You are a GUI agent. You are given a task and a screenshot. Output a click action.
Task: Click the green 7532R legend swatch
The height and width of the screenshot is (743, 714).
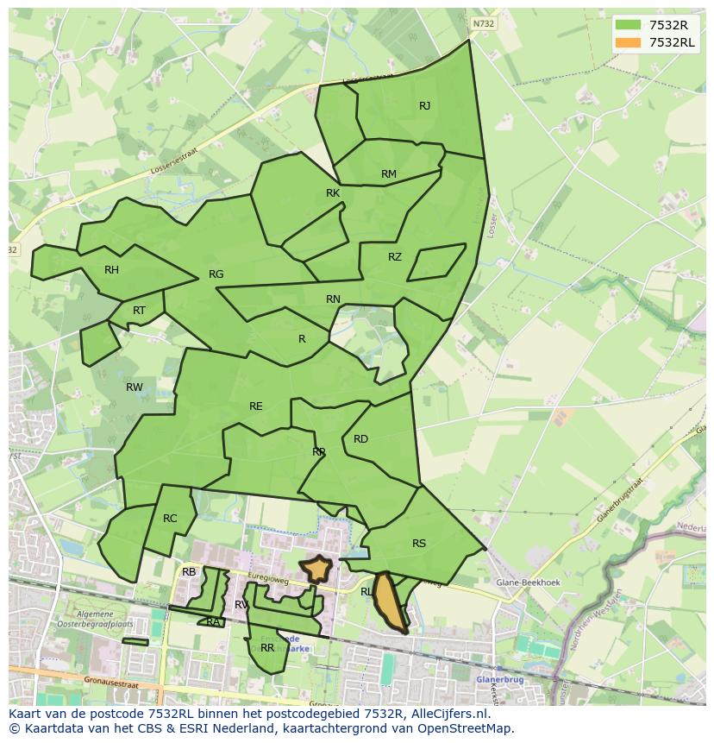(x=627, y=25)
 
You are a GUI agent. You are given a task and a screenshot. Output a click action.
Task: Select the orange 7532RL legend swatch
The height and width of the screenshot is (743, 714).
(x=627, y=42)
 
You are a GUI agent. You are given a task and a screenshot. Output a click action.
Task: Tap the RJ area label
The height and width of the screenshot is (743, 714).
(x=424, y=106)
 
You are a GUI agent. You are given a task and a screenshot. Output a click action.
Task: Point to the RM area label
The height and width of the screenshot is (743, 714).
(x=389, y=174)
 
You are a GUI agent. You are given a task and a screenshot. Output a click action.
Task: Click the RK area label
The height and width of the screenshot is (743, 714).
(x=333, y=193)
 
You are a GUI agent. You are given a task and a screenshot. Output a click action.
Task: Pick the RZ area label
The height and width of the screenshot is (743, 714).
(x=395, y=257)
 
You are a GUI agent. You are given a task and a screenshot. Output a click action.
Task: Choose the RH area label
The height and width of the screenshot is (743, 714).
(x=111, y=270)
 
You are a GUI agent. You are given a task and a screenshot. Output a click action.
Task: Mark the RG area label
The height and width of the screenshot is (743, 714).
(x=216, y=274)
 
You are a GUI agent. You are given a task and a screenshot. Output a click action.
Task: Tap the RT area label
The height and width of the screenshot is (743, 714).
(x=139, y=311)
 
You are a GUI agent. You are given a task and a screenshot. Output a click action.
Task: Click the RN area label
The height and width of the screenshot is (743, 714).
(x=333, y=299)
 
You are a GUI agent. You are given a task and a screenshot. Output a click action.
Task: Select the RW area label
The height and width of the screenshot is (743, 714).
(x=135, y=387)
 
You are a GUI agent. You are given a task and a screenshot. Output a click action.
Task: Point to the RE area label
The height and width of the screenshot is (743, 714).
(x=255, y=406)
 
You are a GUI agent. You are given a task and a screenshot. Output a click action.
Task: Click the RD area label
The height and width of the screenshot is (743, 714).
(x=360, y=439)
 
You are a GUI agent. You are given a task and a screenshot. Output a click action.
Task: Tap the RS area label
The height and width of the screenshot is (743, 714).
(x=419, y=544)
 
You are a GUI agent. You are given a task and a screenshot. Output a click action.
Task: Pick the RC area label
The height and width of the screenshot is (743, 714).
(x=170, y=519)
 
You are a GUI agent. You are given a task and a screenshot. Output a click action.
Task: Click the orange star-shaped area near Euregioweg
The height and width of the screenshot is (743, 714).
(x=316, y=568)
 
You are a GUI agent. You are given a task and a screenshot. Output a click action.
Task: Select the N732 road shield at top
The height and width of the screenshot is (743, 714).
(x=484, y=24)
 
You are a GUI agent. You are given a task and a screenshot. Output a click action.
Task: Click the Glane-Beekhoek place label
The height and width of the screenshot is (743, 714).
(x=529, y=582)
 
